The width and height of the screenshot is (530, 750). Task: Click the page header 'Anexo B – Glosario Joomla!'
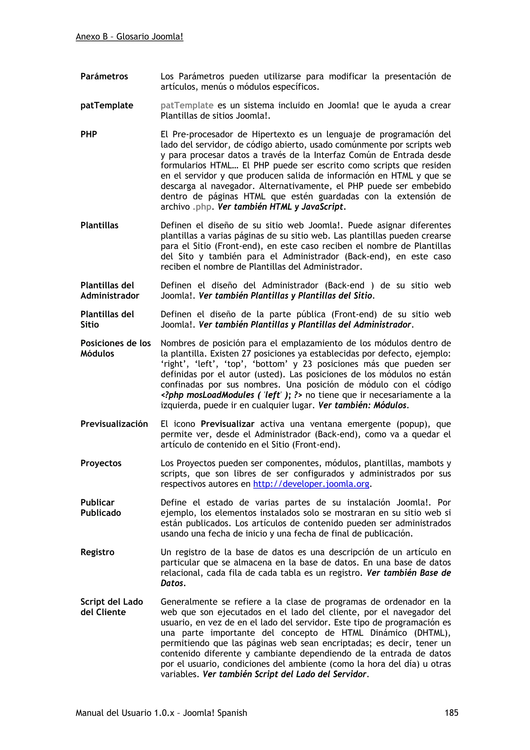(x=129, y=36)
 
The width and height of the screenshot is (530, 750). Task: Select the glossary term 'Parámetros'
(x=104, y=76)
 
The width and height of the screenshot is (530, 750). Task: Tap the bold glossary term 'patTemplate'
(x=107, y=106)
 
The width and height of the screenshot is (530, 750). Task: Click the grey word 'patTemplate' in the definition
(x=187, y=106)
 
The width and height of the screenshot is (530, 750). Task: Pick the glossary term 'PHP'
(x=89, y=134)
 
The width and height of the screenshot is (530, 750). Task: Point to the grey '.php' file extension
(x=202, y=207)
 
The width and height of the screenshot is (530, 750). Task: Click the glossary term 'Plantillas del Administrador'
(x=110, y=290)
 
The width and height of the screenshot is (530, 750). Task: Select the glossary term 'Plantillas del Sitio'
(x=107, y=319)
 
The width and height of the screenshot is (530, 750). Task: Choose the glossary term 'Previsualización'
(x=114, y=424)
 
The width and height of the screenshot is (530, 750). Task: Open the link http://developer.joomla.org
(x=311, y=484)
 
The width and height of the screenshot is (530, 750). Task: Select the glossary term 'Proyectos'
(x=101, y=463)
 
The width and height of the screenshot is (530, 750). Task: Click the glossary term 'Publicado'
(x=101, y=513)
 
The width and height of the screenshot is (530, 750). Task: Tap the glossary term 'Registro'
(x=97, y=552)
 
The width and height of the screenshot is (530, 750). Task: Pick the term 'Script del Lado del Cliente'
(x=111, y=607)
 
